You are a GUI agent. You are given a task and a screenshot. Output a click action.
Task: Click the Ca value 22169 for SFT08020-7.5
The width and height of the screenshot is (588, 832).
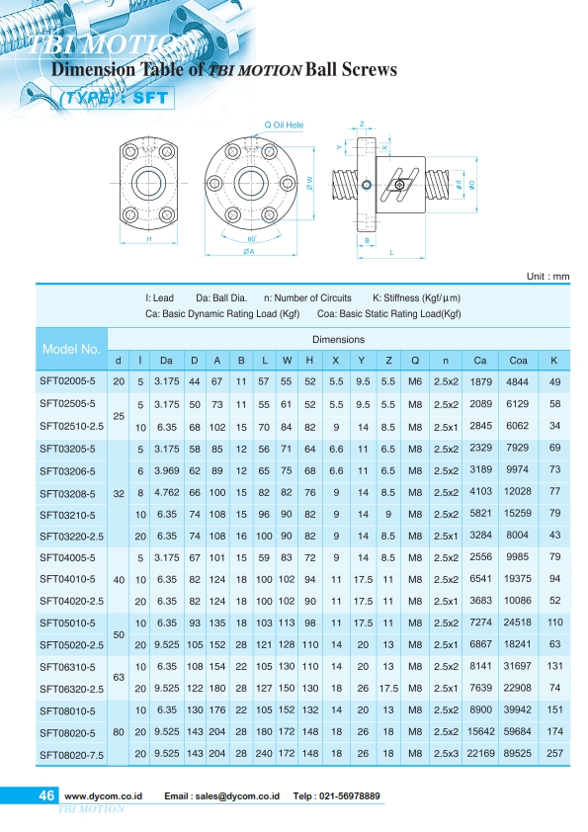pyautogui.click(x=480, y=753)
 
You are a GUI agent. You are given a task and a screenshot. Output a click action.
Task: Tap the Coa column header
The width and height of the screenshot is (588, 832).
pyautogui.click(x=518, y=361)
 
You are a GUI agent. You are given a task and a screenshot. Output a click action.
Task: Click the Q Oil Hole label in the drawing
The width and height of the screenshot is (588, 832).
pyautogui.click(x=284, y=125)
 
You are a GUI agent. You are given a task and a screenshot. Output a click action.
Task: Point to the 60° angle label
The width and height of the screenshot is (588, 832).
pyautogui.click(x=252, y=239)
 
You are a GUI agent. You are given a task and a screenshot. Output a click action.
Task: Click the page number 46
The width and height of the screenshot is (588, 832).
pyautogui.click(x=46, y=794)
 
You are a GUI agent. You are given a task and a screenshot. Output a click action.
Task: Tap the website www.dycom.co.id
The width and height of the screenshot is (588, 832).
pyautogui.click(x=104, y=795)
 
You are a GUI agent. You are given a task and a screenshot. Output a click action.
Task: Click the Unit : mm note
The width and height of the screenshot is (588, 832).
pyautogui.click(x=547, y=276)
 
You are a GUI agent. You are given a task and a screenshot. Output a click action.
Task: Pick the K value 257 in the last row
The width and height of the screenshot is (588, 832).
pyautogui.click(x=554, y=753)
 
